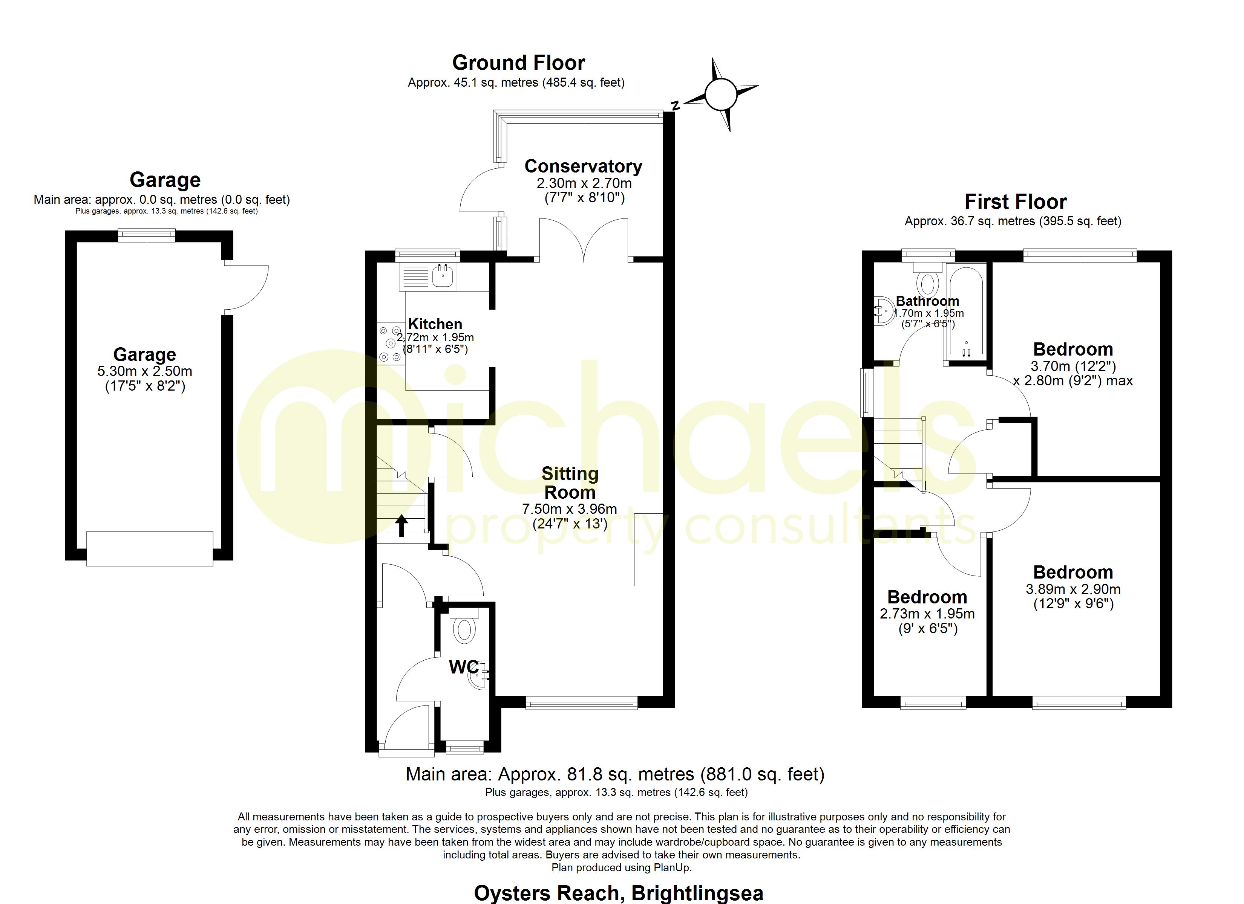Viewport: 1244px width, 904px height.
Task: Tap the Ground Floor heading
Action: click(518, 63)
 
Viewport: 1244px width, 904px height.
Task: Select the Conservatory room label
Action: click(583, 166)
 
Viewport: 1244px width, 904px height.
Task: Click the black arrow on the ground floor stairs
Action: click(402, 525)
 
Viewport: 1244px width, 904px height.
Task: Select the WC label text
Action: click(463, 667)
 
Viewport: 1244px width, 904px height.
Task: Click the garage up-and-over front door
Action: click(150, 548)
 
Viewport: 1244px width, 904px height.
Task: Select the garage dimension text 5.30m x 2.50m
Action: click(145, 371)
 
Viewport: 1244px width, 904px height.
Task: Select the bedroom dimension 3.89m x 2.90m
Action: click(1073, 589)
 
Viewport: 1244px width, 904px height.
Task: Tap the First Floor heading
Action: click(1015, 202)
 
